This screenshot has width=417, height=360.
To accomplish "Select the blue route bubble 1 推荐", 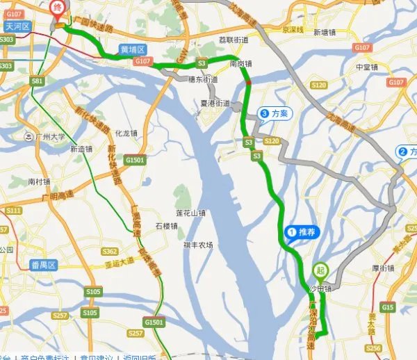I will click(x=300, y=232).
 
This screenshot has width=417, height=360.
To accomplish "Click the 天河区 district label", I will click(x=18, y=26).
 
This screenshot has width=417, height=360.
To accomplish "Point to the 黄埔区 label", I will click(x=132, y=50).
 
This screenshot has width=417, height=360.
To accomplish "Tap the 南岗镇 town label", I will click(x=241, y=63).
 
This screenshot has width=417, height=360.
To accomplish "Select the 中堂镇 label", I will click(x=366, y=67).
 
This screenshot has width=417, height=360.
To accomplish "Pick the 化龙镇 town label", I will click(x=126, y=133).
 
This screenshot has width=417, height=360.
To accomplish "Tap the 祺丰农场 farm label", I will click(x=198, y=245).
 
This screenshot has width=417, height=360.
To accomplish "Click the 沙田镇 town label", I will click(x=320, y=287).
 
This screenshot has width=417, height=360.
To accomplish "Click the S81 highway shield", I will click(x=36, y=81).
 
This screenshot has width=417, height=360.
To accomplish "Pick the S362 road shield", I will click(x=109, y=251).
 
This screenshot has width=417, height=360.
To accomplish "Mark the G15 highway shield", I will click(x=387, y=306).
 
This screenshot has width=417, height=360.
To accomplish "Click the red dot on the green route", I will click(x=249, y=84).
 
